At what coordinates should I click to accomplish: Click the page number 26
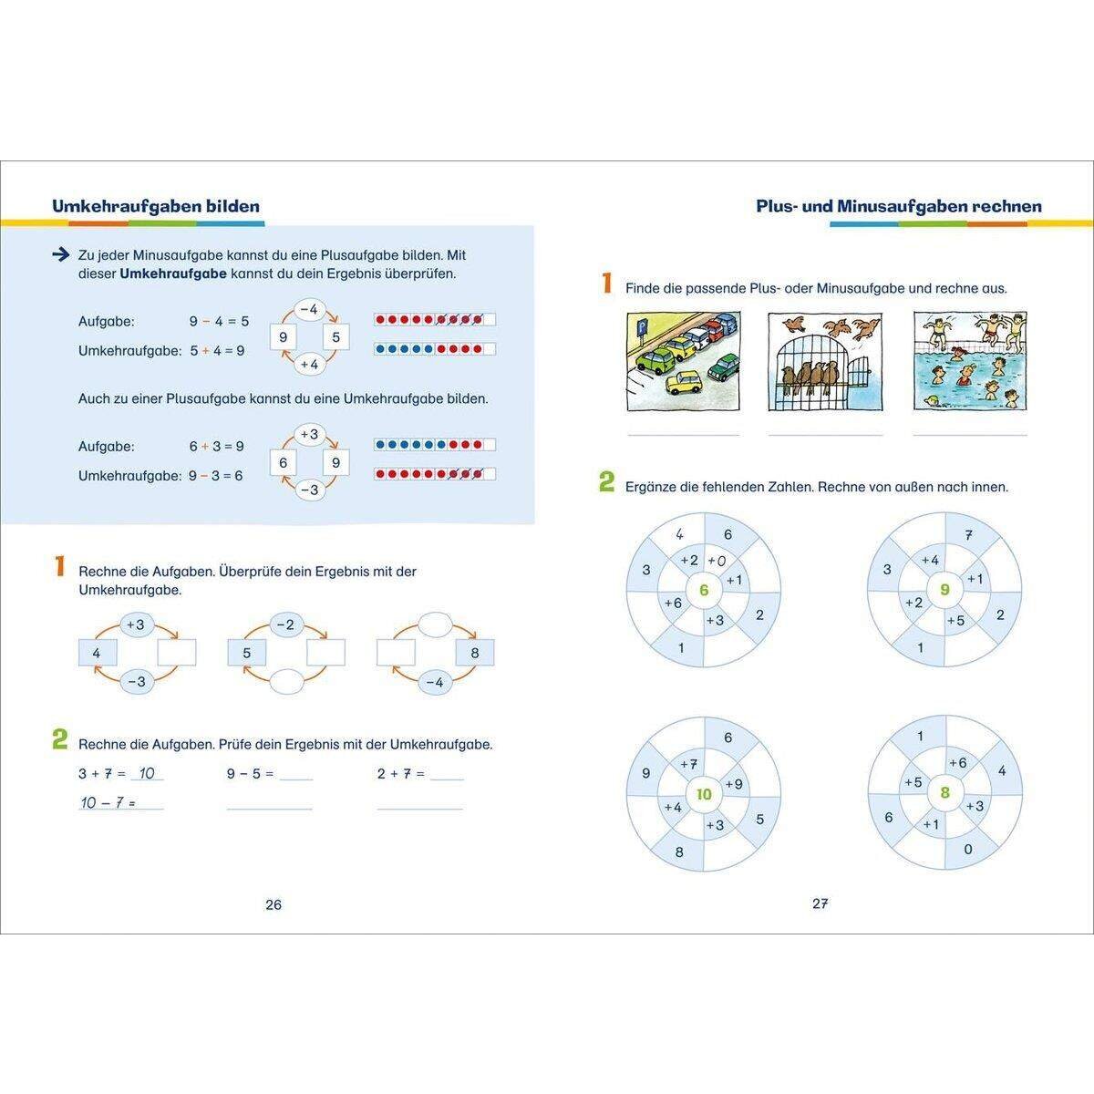click(273, 904)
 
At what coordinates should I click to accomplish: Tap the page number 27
click(820, 903)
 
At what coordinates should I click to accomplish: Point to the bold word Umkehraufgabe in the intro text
click(173, 273)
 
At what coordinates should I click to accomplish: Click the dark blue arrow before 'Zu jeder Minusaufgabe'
click(60, 255)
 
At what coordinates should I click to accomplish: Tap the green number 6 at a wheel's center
click(704, 590)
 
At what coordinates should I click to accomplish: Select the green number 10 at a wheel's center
click(704, 794)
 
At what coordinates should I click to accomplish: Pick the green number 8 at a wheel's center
click(944, 792)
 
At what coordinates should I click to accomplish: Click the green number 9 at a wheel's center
click(944, 589)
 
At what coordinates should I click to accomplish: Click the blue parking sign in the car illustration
click(642, 327)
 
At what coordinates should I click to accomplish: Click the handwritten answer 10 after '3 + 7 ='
click(147, 773)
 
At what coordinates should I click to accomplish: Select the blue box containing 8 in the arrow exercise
click(475, 653)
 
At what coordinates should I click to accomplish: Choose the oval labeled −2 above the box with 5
click(285, 625)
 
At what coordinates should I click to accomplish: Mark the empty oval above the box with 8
click(435, 624)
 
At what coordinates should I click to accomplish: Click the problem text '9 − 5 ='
click(250, 774)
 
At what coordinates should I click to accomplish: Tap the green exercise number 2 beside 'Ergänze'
click(607, 482)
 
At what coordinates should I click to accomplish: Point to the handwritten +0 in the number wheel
click(717, 561)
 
